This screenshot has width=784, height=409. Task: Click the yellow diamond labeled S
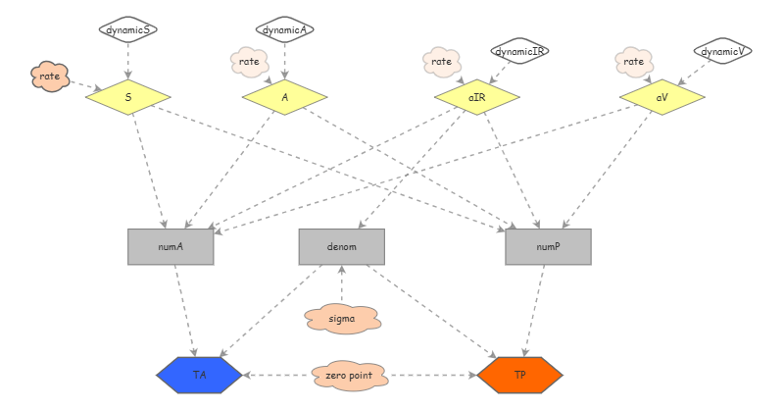pyautogui.click(x=128, y=97)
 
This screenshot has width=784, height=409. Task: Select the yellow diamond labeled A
pyautogui.click(x=284, y=97)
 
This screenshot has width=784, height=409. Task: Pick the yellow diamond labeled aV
pyautogui.click(x=662, y=97)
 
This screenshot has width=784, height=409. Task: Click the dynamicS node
pyautogui.click(x=128, y=30)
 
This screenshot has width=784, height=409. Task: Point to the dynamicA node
pyautogui.click(x=285, y=30)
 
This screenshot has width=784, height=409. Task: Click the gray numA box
pyautogui.click(x=171, y=247)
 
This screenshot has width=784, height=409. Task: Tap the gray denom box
pyautogui.click(x=341, y=247)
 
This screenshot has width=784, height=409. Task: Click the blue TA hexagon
pyautogui.click(x=199, y=375)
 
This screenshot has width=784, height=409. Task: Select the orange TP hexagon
pyautogui.click(x=519, y=375)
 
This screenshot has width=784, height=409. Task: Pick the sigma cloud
pyautogui.click(x=341, y=319)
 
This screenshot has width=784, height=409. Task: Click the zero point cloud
pyautogui.click(x=350, y=376)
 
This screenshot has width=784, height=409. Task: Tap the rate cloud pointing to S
pyautogui.click(x=49, y=76)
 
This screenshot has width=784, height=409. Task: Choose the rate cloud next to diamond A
pyautogui.click(x=248, y=63)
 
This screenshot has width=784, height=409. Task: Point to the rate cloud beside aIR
pyautogui.click(x=442, y=63)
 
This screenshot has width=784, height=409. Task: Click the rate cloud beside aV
pyautogui.click(x=634, y=63)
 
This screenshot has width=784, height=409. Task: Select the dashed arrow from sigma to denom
pyautogui.click(x=341, y=284)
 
